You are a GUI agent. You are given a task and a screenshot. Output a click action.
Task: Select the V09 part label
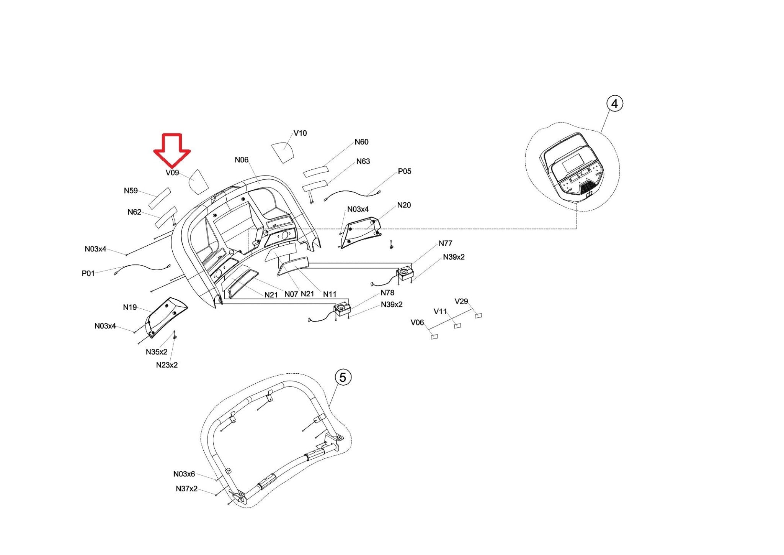pos(172,173)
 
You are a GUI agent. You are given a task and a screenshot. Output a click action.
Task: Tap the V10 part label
pos(300,133)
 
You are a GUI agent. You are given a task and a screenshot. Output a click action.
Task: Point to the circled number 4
pos(614,104)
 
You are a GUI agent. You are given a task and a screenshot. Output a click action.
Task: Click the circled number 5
pos(343,378)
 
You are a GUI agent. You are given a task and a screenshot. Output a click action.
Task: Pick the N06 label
pos(242,160)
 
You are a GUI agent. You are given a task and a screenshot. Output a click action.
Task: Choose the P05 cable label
pos(404,171)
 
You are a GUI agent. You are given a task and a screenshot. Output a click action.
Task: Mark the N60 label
pos(361,142)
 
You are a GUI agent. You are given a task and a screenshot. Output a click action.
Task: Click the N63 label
pos(363,161)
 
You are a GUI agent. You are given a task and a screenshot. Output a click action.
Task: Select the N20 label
pos(404,205)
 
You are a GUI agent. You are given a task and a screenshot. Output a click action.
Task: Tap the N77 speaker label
pos(445,243)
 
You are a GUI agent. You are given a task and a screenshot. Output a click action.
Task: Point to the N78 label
pos(387,293)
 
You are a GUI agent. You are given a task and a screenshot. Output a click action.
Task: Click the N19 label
pos(130,307)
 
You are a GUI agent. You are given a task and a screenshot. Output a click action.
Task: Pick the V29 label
pos(461,302)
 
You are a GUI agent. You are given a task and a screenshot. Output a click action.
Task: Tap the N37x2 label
pos(186,489)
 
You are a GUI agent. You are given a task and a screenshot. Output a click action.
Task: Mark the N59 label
pos(131,191)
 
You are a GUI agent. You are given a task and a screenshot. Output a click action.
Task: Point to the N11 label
pos(330,294)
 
